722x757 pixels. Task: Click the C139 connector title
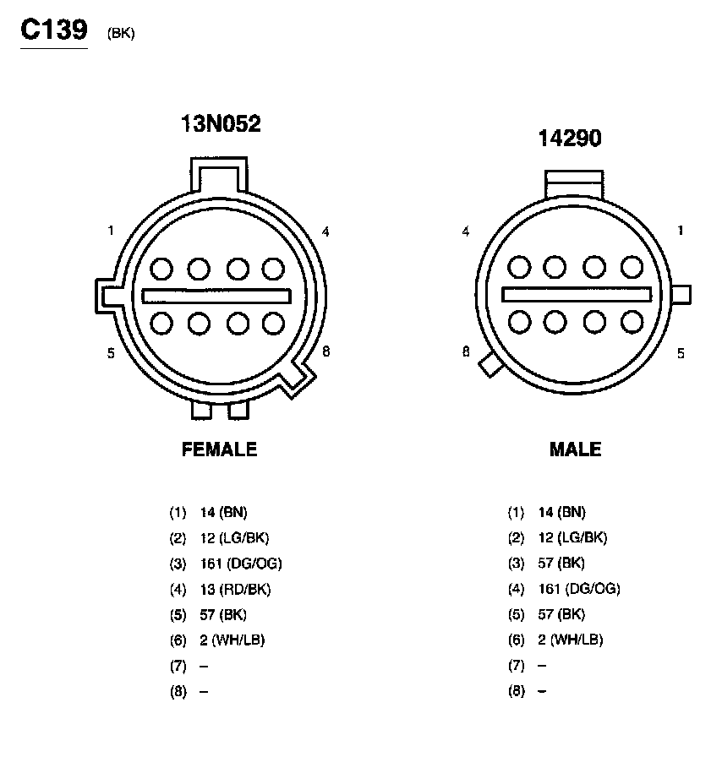(54, 30)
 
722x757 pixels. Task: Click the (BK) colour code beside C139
(121, 33)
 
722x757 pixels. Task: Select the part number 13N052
(221, 123)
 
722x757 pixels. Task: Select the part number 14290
(570, 138)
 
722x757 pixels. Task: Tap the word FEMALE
(220, 449)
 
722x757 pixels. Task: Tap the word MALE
(575, 449)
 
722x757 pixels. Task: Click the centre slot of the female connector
(216, 296)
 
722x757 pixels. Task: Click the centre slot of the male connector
(577, 295)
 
